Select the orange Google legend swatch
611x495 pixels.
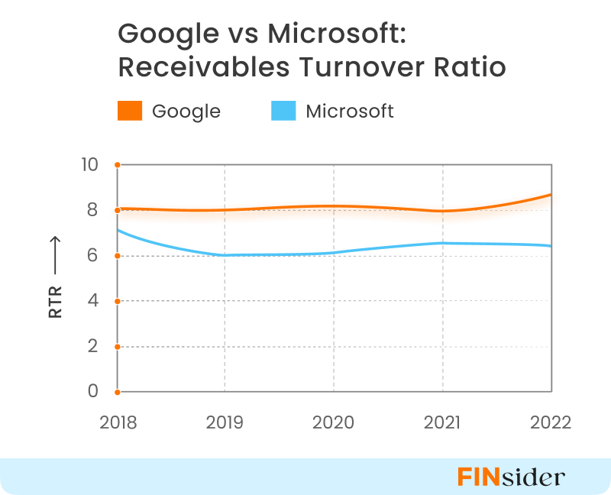coord(130,112)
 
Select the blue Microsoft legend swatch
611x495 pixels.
coord(284,112)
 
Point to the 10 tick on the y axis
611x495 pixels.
coord(89,164)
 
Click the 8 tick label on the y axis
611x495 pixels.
coord(93,209)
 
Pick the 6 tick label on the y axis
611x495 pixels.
coord(93,255)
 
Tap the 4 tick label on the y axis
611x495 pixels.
coord(93,300)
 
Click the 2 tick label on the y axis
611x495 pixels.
coord(93,346)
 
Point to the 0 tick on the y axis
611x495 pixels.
coord(93,391)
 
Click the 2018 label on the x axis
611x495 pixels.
coord(118,422)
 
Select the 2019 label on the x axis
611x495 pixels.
coord(225,422)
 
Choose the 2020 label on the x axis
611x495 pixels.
coord(334,422)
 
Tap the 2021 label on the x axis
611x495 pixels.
coord(442,422)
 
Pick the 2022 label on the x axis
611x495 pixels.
coord(551,422)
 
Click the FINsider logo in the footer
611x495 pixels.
coord(511,477)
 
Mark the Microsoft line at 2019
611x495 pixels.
coord(225,255)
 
